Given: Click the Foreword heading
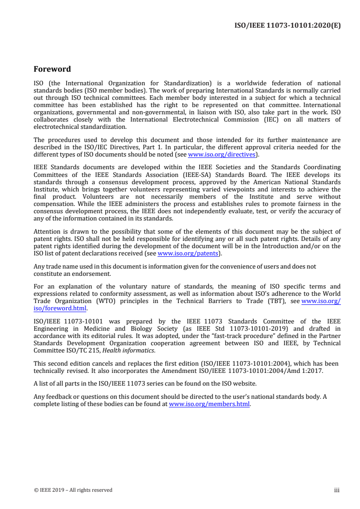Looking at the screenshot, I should pos(52,69).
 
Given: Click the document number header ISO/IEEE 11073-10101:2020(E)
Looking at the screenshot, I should pos(287,25).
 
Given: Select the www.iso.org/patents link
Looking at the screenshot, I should pos(188,253).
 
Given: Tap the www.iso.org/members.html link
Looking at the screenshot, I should pos(209,404).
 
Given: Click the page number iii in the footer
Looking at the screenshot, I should pos(336,490).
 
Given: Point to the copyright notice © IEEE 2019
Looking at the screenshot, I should pos(73,490).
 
